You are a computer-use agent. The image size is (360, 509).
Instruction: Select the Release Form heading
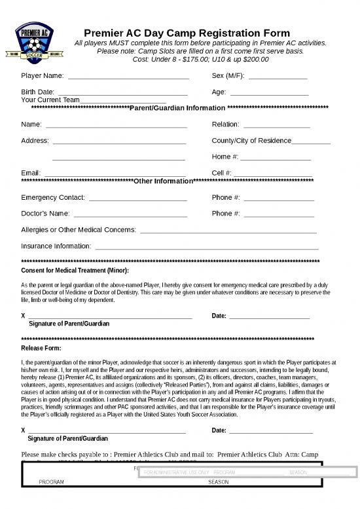point(41,348)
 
